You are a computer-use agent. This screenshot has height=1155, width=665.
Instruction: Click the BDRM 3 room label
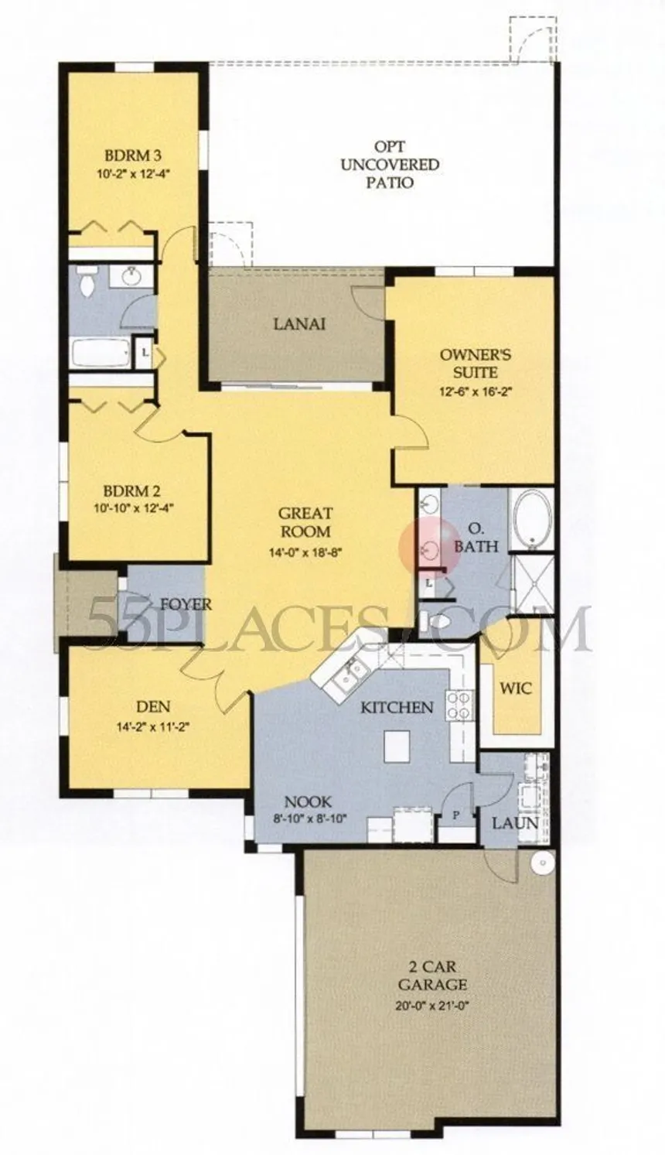134,155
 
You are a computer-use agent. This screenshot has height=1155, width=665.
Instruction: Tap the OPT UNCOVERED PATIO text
390,165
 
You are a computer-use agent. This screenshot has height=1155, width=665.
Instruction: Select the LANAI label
299,324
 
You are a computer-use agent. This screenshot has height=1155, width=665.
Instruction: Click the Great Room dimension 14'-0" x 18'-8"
305,552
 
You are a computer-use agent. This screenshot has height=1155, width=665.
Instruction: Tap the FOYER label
179,604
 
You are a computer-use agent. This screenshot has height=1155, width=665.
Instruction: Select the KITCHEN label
397,707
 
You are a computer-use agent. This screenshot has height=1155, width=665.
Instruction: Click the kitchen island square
397,746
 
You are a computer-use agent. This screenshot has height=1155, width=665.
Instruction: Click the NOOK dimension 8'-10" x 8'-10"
308,818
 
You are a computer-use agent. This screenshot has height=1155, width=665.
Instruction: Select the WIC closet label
516,688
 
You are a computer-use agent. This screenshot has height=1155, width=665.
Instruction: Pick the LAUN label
515,823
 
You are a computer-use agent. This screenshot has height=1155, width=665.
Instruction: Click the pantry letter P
455,815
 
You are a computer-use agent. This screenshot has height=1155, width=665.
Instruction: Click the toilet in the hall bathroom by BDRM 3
87,282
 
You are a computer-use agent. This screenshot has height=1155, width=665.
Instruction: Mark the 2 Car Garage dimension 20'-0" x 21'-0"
432,990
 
